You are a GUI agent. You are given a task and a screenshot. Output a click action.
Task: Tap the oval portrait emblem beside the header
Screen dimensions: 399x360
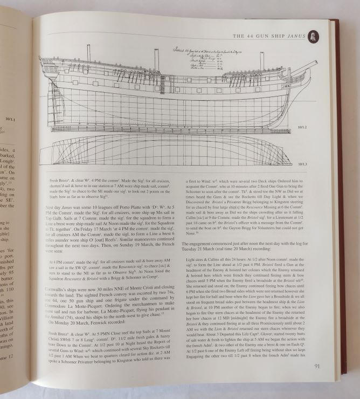coord(314,36)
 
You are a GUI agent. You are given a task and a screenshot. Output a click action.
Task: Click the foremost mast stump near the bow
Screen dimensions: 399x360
coord(261,60)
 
